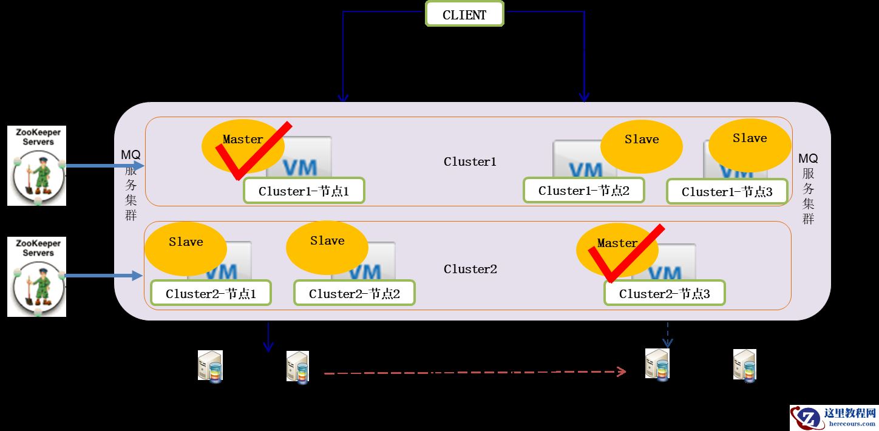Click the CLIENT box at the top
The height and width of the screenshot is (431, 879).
(x=464, y=15)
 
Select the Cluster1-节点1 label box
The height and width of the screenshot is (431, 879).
(x=304, y=191)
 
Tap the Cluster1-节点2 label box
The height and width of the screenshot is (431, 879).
(x=583, y=191)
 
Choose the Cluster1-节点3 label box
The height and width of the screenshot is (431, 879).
(x=727, y=192)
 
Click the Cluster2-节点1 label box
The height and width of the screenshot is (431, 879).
(x=211, y=294)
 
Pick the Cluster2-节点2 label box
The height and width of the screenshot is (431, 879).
(x=354, y=294)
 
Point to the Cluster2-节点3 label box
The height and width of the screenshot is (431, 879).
(x=664, y=294)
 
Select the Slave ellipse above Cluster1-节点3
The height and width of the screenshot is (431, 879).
(x=750, y=143)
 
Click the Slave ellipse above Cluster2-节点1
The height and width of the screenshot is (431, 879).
(x=186, y=247)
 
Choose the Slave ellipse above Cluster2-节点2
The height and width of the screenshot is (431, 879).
(x=327, y=246)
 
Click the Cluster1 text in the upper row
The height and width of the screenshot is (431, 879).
(x=470, y=162)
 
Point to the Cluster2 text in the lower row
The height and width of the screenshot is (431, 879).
(x=470, y=269)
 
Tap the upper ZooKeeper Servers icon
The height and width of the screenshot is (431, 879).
(x=36, y=166)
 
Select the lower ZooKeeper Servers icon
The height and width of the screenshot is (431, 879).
(x=36, y=277)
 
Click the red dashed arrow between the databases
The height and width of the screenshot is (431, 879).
(x=473, y=372)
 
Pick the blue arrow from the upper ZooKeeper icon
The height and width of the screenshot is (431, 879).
(x=103, y=166)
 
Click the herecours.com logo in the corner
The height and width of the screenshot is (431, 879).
(x=833, y=417)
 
